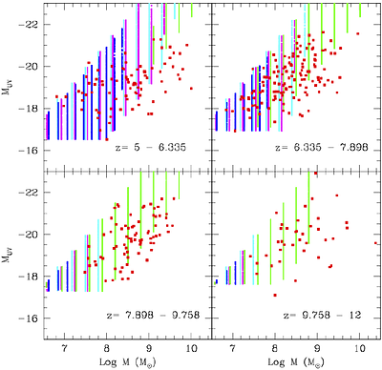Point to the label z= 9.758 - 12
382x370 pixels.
point(320,317)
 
